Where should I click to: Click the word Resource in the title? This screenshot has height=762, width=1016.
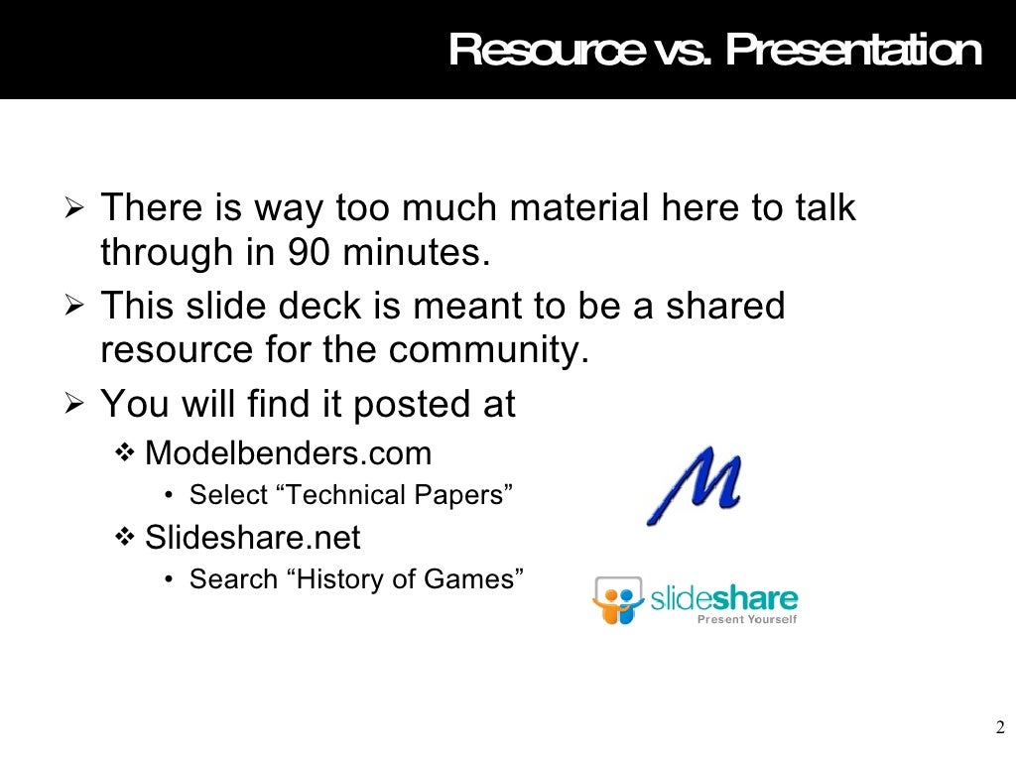(544, 50)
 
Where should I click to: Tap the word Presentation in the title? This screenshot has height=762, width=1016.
(854, 50)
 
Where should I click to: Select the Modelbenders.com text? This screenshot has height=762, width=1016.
(288, 454)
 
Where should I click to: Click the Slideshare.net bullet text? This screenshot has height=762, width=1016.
(252, 538)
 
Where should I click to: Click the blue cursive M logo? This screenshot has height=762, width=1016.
(694, 485)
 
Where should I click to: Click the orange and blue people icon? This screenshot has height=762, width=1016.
(618, 600)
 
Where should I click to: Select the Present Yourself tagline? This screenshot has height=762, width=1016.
(747, 620)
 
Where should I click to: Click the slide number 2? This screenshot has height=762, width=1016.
(999, 725)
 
